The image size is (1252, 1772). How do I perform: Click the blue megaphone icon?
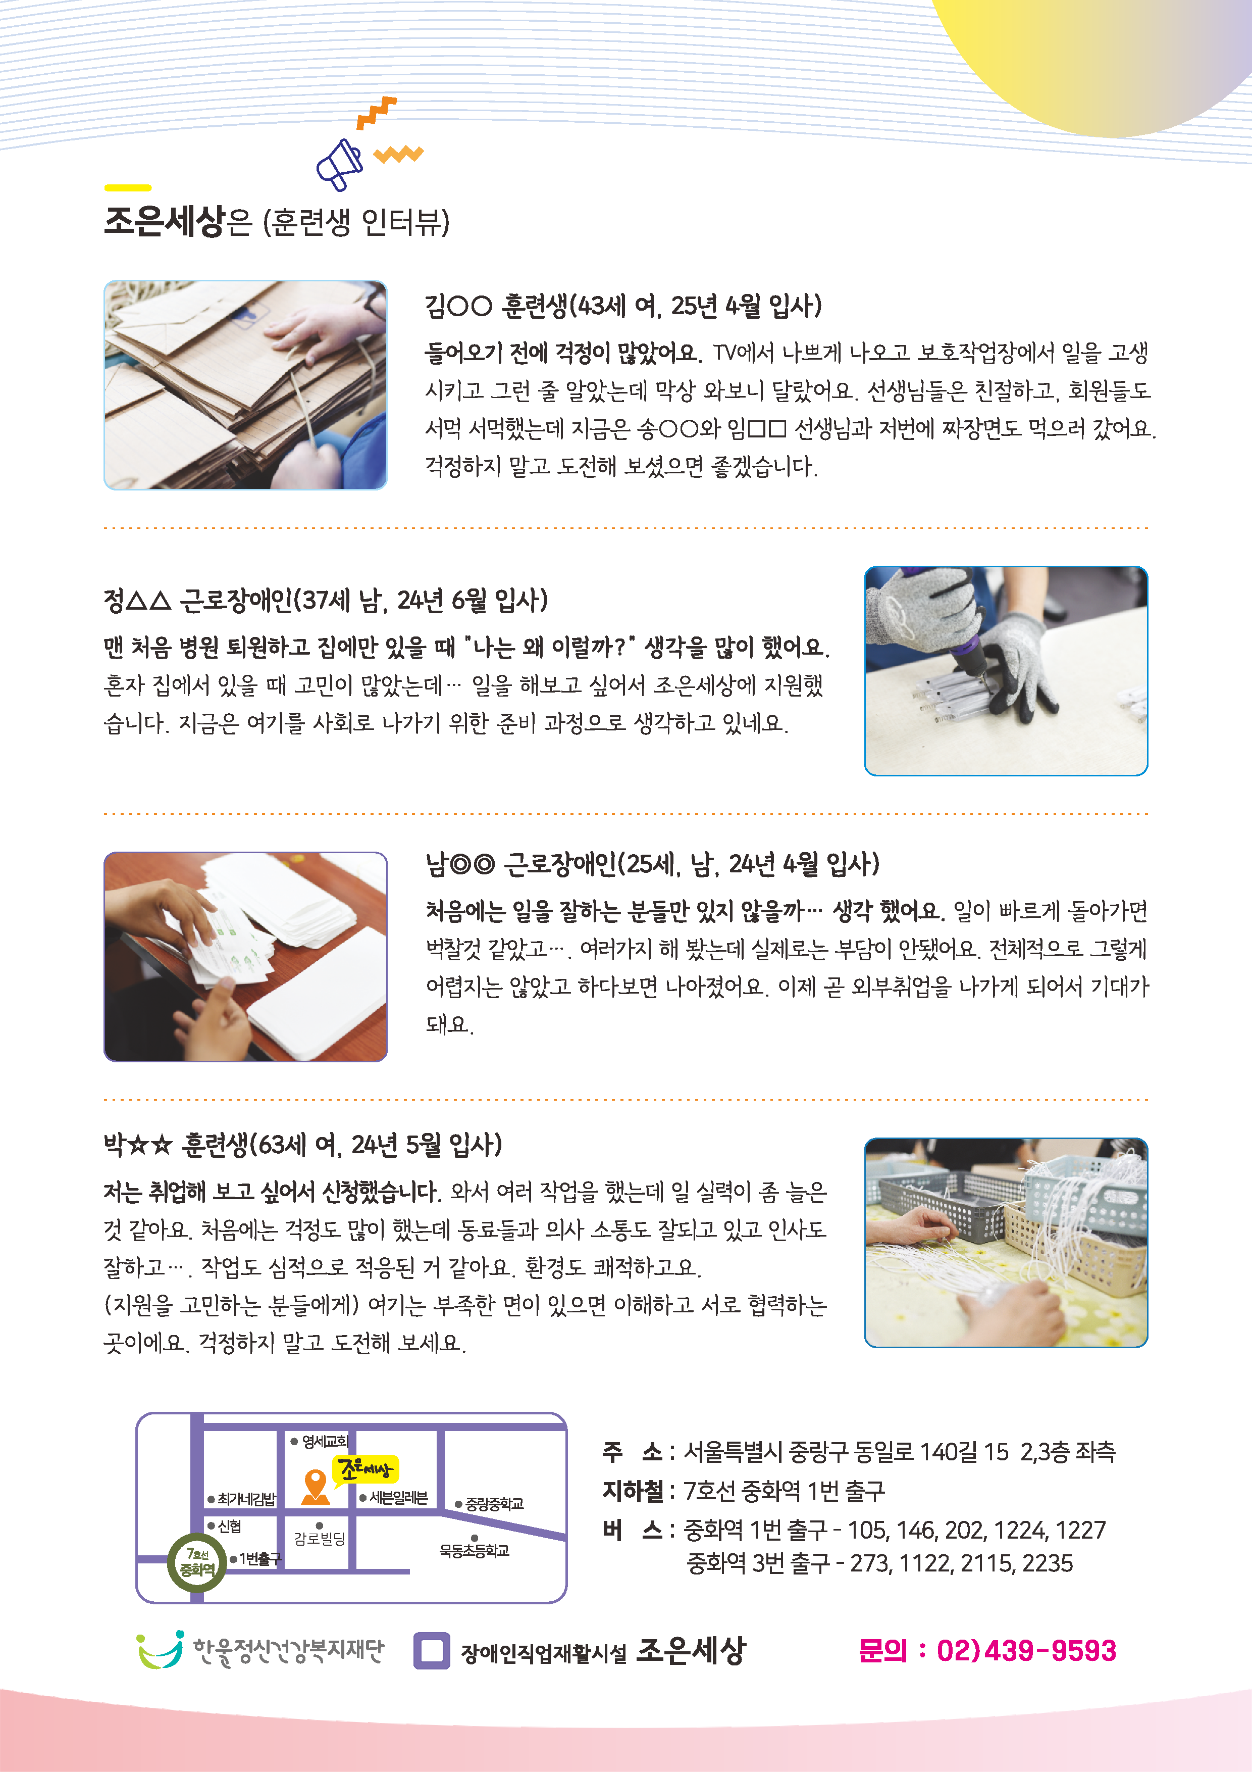pyautogui.click(x=339, y=164)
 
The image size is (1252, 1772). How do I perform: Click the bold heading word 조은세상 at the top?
pyautogui.click(x=164, y=221)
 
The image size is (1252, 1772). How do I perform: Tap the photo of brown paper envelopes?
pyautogui.click(x=245, y=384)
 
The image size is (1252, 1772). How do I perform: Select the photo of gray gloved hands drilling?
pyautogui.click(x=1006, y=671)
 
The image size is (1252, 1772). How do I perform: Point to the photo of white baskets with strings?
pyautogui.click(x=1006, y=1243)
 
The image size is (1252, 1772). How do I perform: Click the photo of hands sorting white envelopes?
pyautogui.click(x=245, y=956)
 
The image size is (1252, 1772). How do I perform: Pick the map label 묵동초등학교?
pyautogui.click(x=475, y=1551)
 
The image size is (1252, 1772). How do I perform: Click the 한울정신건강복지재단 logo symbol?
pyautogui.click(x=161, y=1650)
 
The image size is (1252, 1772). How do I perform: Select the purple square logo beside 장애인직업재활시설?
pyautogui.click(x=431, y=1651)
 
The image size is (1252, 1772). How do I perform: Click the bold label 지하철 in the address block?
pyautogui.click(x=633, y=1490)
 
